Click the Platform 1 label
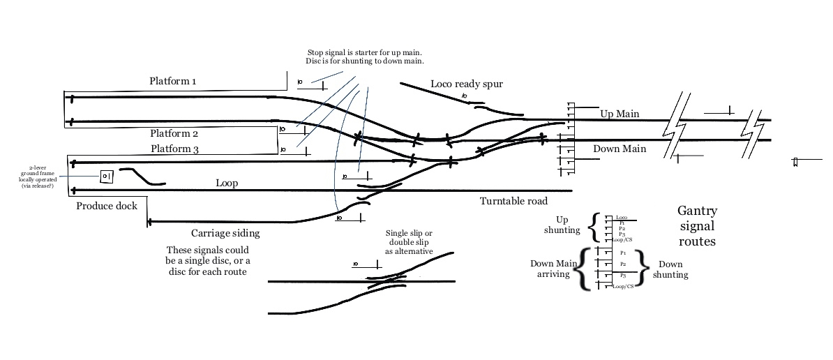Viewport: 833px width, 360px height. pos(172,82)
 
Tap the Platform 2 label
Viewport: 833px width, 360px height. pos(174,133)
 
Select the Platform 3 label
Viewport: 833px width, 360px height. pos(174,149)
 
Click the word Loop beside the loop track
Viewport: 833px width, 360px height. pos(227,183)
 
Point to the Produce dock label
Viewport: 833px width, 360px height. pos(107,206)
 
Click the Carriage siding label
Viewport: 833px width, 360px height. pos(225,234)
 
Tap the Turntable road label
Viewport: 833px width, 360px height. pos(513,202)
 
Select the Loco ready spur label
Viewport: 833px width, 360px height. pos(466,84)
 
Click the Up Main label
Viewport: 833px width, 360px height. pos(620,114)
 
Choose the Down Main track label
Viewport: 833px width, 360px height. pos(620,149)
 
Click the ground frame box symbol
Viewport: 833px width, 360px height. pos(107,177)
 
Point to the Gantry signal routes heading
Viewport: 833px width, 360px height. pos(697,226)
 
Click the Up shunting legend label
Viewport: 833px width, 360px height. pos(562,225)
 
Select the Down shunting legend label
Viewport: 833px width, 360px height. pos(670,269)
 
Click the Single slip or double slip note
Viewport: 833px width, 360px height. pos(409,242)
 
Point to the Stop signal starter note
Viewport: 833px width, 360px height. pos(364,57)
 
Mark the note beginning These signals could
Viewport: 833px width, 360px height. pos(207,260)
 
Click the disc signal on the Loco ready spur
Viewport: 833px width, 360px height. pos(465,96)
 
